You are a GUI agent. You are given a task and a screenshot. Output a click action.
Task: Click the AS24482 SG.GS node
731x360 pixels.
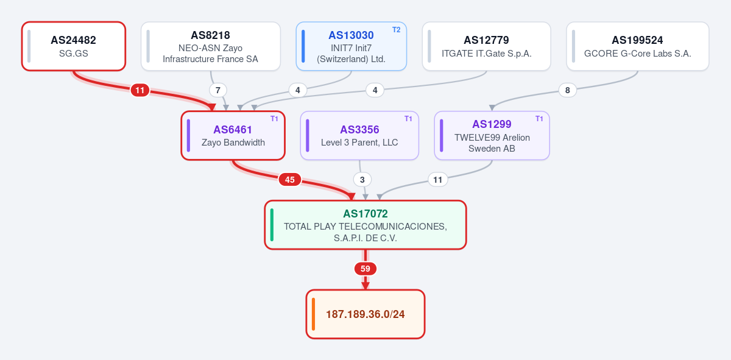tap(74, 46)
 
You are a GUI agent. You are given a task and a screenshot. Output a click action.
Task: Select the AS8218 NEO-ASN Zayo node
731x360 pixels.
tap(211, 46)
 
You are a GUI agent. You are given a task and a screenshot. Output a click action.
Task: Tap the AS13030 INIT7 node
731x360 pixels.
tap(351, 46)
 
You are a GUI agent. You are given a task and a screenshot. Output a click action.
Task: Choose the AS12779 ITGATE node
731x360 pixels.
tap(486, 46)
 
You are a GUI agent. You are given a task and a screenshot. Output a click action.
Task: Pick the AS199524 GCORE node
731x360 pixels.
tap(637, 46)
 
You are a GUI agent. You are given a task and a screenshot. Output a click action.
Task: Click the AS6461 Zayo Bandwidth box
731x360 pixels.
tap(233, 135)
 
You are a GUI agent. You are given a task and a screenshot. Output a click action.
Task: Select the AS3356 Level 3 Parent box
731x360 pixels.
tap(359, 135)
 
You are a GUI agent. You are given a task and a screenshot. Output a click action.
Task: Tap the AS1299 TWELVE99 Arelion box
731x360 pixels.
tap(492, 135)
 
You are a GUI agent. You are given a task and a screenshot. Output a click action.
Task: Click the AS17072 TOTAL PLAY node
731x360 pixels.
tap(365, 225)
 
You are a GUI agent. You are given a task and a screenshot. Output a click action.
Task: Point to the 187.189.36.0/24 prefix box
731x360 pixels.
tap(365, 314)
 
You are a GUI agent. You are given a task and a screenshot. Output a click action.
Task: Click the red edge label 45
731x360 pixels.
tap(290, 180)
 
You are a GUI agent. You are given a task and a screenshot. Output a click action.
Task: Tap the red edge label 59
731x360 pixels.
tap(365, 269)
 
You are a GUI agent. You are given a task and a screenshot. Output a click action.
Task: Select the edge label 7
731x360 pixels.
tap(217, 90)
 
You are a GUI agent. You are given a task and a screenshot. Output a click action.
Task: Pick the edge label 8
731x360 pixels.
tap(568, 90)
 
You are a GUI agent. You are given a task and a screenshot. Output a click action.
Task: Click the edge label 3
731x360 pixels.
tap(362, 180)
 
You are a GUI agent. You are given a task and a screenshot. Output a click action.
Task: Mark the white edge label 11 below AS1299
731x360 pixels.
tap(437, 180)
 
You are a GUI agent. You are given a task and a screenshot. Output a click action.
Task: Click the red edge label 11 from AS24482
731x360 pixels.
tap(140, 90)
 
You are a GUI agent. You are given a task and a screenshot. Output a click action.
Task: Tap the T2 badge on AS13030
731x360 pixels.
tap(396, 30)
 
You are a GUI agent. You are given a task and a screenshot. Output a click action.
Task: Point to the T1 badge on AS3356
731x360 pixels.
tap(408, 119)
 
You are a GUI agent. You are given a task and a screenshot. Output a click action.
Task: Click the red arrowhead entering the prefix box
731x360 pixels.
tap(365, 286)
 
